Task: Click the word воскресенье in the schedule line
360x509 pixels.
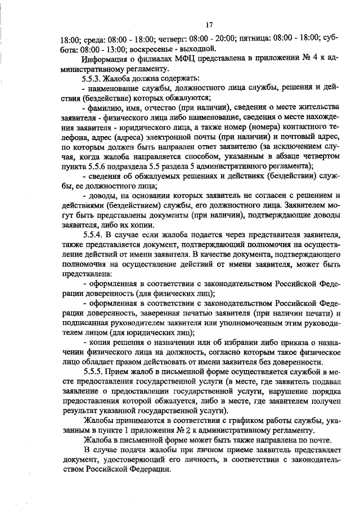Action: tap(128, 48)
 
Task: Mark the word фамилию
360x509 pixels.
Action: tap(106, 107)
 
